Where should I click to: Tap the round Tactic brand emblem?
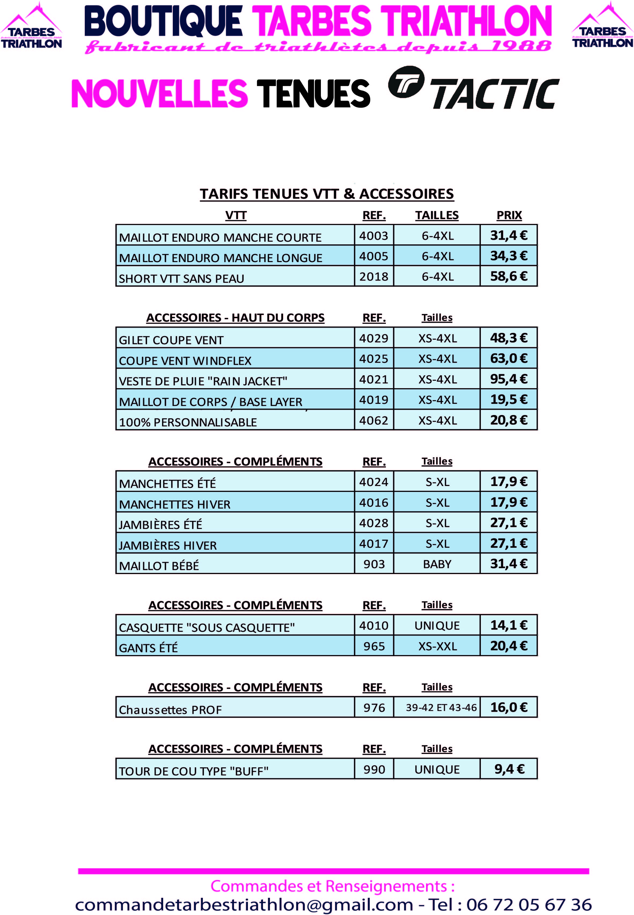click(406, 82)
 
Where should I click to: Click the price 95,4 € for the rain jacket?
click(508, 379)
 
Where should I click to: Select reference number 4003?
click(373, 236)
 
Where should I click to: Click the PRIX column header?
click(509, 215)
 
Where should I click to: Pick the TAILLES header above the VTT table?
click(437, 215)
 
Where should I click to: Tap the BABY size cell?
click(437, 564)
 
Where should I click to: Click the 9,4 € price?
click(509, 769)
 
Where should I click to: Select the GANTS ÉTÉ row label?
click(148, 648)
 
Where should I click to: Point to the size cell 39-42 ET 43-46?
click(441, 707)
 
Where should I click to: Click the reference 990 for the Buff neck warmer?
click(374, 769)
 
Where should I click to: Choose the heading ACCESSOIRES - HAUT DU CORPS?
click(235, 318)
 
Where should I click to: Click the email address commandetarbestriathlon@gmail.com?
click(244, 904)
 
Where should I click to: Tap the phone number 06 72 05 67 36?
click(529, 904)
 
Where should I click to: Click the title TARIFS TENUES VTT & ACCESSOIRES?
click(327, 194)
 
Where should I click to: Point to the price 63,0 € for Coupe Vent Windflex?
click(508, 358)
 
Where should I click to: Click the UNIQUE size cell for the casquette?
click(437, 626)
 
